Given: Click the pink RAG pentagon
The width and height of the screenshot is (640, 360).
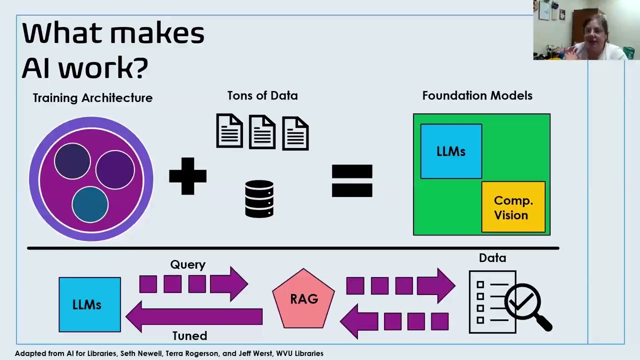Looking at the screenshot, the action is pos(303,298).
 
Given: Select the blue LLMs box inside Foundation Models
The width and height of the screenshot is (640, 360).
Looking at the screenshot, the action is pos(451,151).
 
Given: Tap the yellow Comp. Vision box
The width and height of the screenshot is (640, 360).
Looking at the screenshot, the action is pos(513,207).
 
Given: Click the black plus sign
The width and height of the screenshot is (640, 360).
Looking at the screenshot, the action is pos(187,176).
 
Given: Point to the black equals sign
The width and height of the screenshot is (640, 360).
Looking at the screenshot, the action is pos(352,180).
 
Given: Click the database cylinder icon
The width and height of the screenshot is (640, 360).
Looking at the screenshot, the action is pos(259,199).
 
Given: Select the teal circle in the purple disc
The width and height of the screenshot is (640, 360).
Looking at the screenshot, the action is pos(90,204).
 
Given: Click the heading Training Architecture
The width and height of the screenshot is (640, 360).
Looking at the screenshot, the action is pos(92,98).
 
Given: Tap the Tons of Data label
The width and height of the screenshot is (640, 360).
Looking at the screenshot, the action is pos(262,95).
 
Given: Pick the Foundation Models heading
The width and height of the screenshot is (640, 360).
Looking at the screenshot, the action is pos(477,95).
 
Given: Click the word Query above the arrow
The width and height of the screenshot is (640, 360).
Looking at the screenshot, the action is pos(187,264).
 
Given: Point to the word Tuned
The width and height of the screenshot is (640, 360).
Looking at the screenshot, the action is pos(189,335).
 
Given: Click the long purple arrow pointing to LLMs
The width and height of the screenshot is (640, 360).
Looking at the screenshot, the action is pos(194,316).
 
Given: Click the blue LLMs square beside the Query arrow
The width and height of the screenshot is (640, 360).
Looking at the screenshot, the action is pos(89,304).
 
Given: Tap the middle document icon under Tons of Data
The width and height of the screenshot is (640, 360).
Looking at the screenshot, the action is pos(262,132).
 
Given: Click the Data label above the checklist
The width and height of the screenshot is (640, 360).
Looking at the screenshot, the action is pos(492,258).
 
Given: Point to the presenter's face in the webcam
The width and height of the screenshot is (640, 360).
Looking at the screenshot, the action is pos(595,37).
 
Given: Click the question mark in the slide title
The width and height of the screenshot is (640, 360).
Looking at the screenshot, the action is pos(140,67).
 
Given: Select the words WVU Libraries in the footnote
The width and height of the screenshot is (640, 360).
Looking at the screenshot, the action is pos(299,353).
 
